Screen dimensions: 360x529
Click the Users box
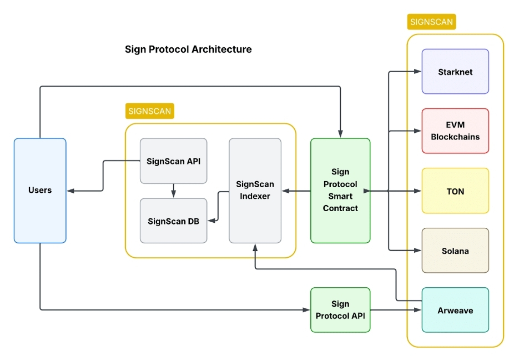[40, 190]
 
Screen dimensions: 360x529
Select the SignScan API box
[173, 161]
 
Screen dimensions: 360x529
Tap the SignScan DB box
[173, 221]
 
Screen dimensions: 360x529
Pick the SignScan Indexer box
[255, 190]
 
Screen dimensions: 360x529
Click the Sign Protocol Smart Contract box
[340, 190]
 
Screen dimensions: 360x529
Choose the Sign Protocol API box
[340, 309]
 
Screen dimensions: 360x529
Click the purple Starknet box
[455, 72]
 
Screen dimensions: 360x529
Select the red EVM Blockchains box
[455, 131]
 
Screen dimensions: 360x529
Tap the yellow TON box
[455, 191]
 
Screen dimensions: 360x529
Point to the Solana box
[455, 251]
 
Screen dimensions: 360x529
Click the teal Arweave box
[455, 310]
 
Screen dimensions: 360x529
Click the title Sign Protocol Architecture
[188, 49]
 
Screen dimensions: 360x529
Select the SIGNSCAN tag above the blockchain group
[431, 22]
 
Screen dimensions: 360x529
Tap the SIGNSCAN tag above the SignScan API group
[150, 111]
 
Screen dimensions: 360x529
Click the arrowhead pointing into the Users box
[70, 191]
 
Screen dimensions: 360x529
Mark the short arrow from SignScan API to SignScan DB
[174, 191]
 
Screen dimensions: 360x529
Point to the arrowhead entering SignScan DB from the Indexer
[211, 221]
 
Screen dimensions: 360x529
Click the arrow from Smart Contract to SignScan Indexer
[296, 191]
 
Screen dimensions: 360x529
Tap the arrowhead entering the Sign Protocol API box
[307, 309]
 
